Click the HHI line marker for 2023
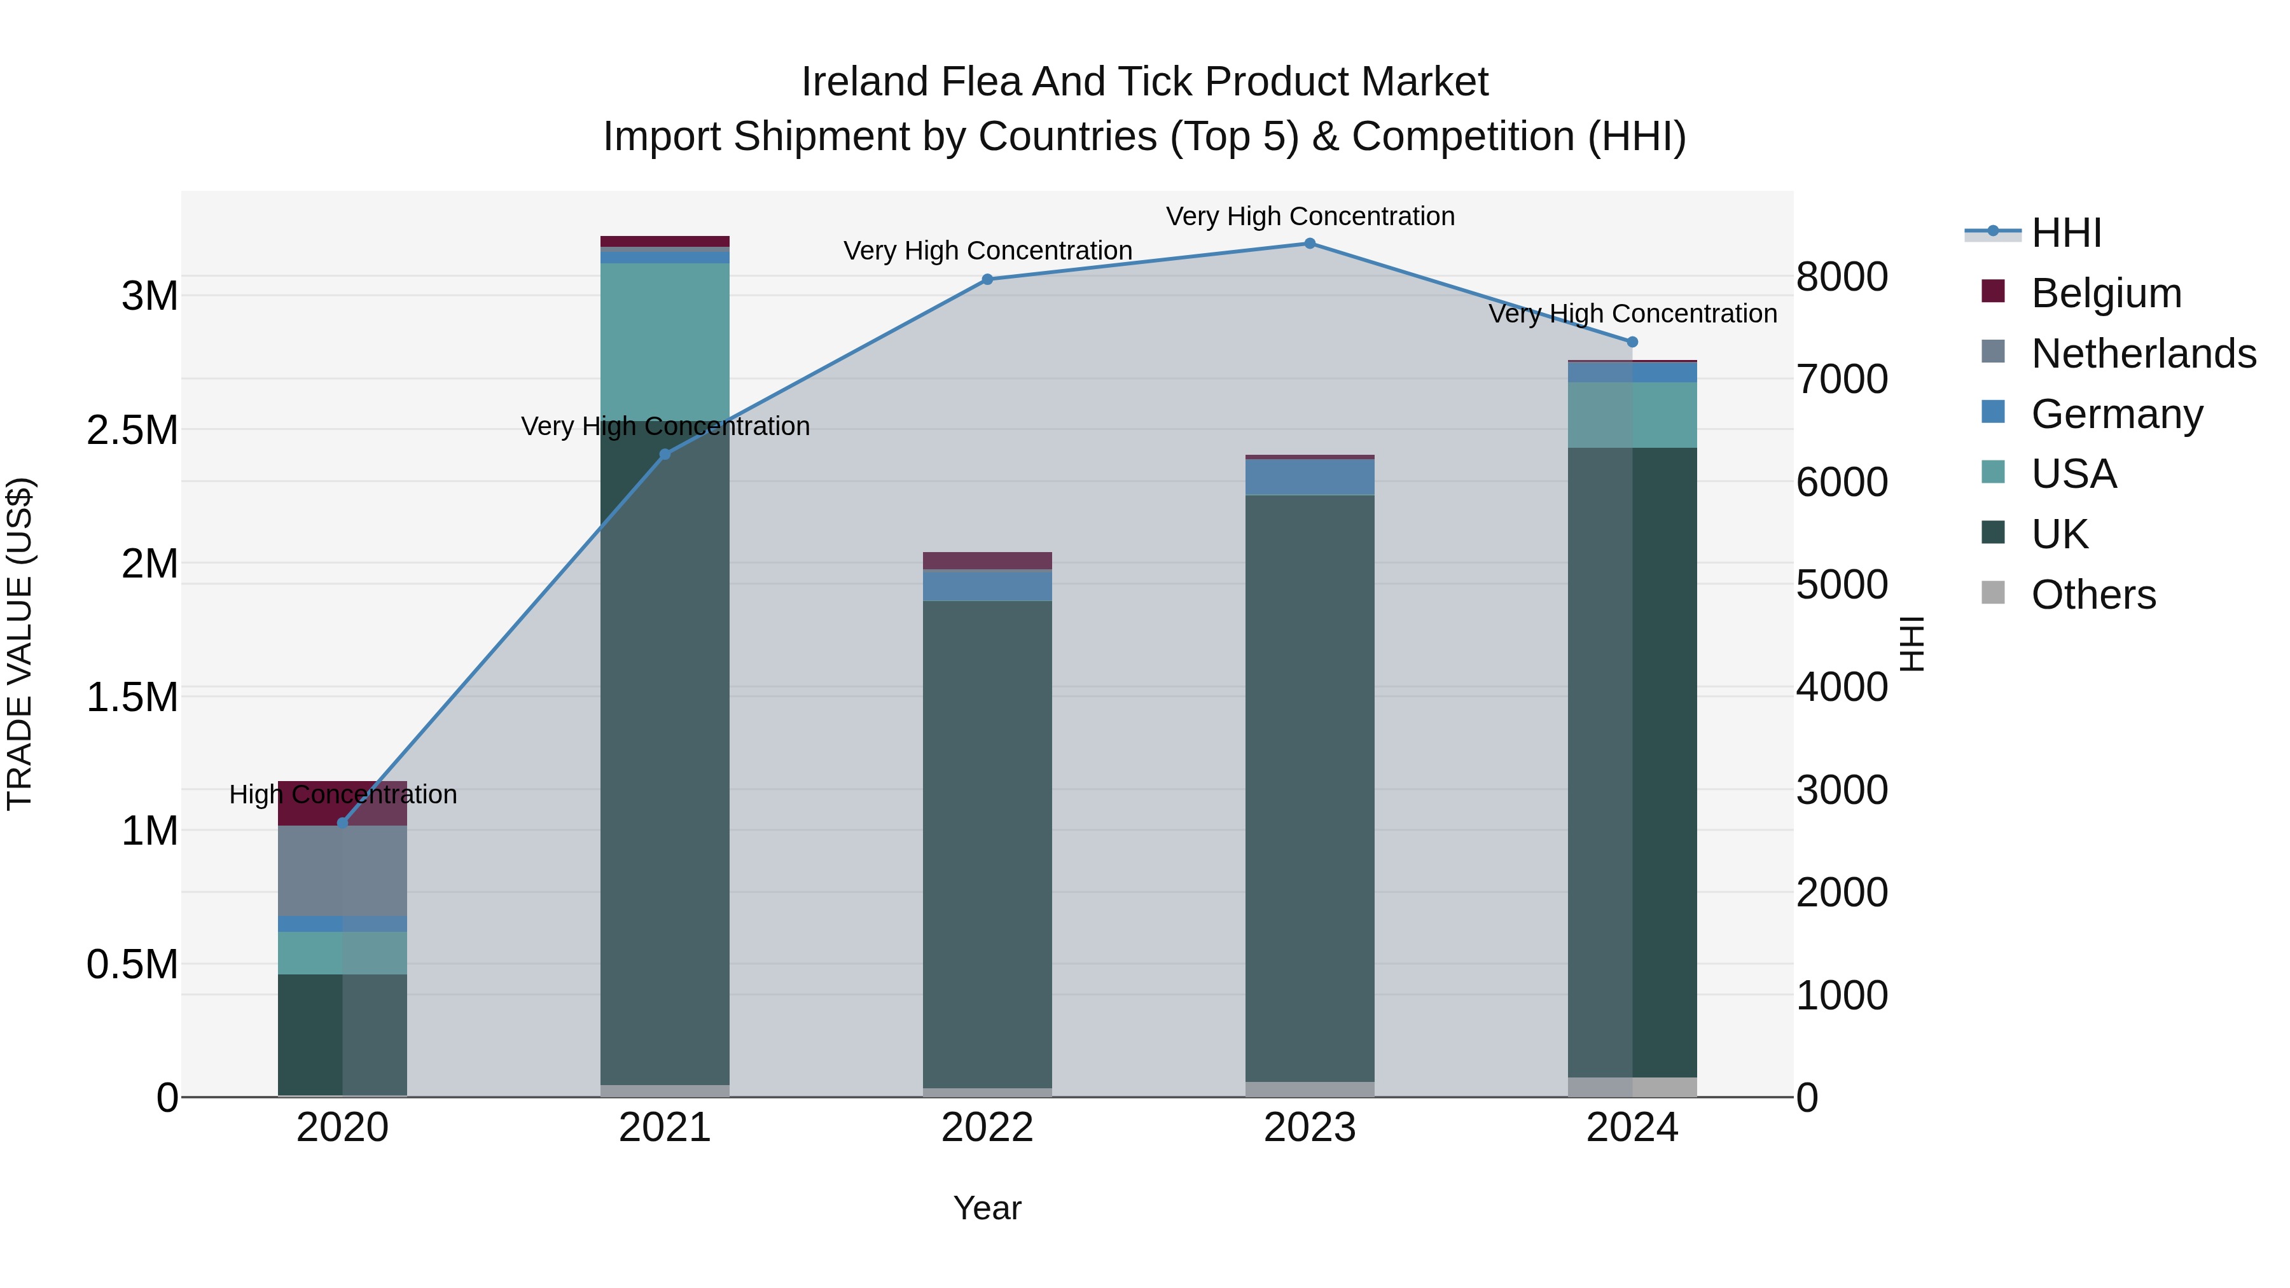(1310, 244)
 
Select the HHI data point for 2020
(342, 823)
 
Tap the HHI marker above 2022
(987, 279)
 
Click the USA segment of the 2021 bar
(665, 342)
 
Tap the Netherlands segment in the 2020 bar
(342, 871)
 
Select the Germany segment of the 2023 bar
(1310, 477)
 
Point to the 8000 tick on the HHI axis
(1841, 277)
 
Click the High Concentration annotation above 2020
(343, 794)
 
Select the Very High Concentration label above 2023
(1310, 216)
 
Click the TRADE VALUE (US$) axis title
(20, 644)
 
